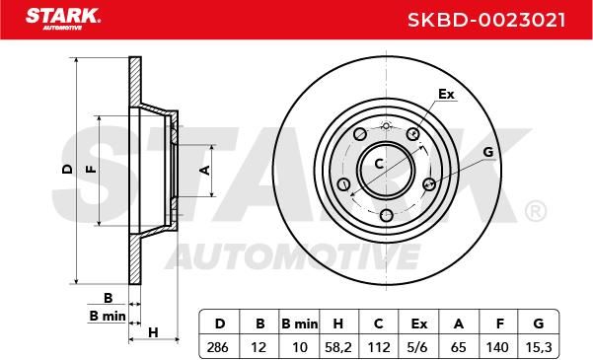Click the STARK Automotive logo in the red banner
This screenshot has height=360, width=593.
(63, 19)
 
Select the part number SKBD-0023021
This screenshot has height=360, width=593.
(486, 20)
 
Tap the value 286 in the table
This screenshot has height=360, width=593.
(218, 347)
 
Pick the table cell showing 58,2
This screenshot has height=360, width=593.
(337, 347)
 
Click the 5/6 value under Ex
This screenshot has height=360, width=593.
(418, 347)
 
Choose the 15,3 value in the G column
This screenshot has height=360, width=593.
(539, 347)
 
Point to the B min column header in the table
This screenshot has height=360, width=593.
(300, 324)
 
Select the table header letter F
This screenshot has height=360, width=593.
(500, 324)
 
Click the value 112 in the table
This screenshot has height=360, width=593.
(379, 347)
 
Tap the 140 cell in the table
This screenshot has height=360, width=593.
(498, 347)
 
